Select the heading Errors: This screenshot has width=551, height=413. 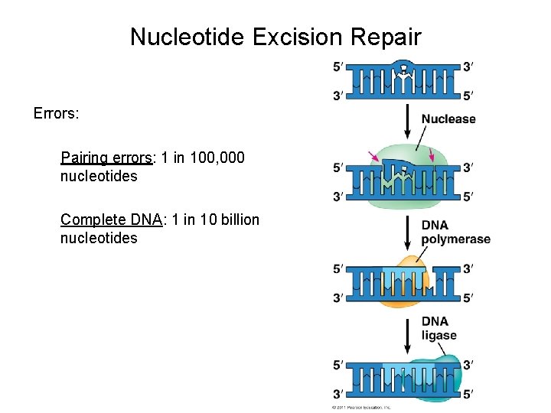coord(57,113)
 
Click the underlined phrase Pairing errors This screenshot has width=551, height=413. coord(107,158)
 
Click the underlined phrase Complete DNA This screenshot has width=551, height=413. coord(112,220)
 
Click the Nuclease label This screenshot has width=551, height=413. coord(448,119)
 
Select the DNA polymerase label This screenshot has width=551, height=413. coord(455,232)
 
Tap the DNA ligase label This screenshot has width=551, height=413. coord(439,328)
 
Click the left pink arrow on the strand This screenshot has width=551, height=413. coord(373,158)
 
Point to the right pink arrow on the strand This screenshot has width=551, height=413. coord(432,157)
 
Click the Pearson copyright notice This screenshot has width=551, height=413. coord(360,408)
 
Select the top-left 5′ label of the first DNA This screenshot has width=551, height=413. coord(337,67)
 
